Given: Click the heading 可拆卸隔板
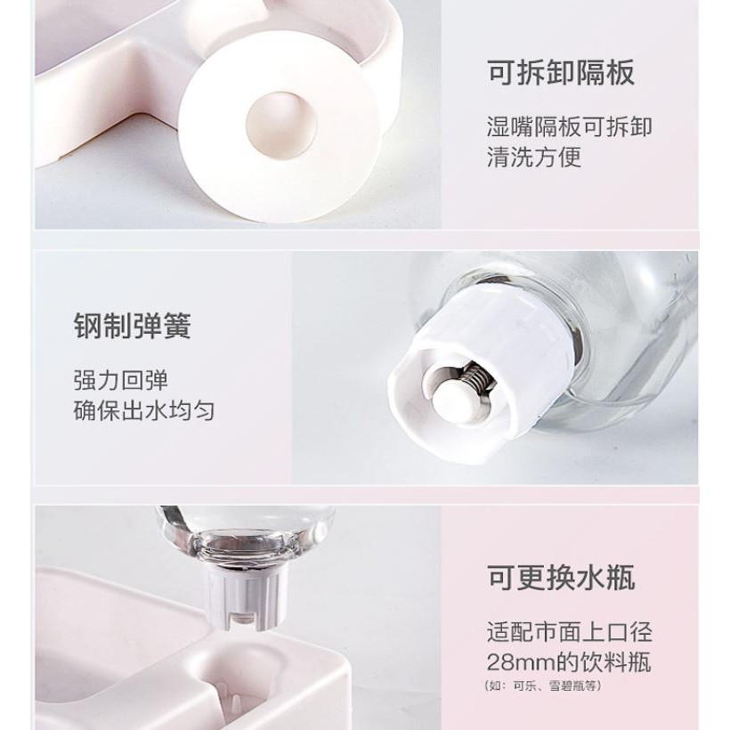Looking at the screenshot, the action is pyautogui.click(x=561, y=73).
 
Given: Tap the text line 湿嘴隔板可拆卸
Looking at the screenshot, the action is pyautogui.click(x=570, y=126).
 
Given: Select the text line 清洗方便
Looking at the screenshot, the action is pyautogui.click(x=534, y=157).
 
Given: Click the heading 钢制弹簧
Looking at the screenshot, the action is pyautogui.click(x=133, y=326).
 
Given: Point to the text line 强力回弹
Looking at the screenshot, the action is pyautogui.click(x=120, y=380).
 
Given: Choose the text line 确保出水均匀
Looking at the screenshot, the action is pyautogui.click(x=144, y=410).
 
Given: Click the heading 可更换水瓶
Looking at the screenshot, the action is pyautogui.click(x=561, y=578).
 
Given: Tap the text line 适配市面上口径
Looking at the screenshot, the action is pyautogui.click(x=570, y=632).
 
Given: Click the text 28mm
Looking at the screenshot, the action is pyautogui.click(x=521, y=662).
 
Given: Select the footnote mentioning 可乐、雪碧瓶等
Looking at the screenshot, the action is pyautogui.click(x=543, y=685).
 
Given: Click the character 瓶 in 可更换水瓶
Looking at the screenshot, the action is pyautogui.click(x=620, y=578).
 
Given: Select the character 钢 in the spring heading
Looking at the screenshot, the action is pyautogui.click(x=88, y=326).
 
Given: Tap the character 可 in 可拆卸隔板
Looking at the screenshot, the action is pyautogui.click(x=501, y=73).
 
